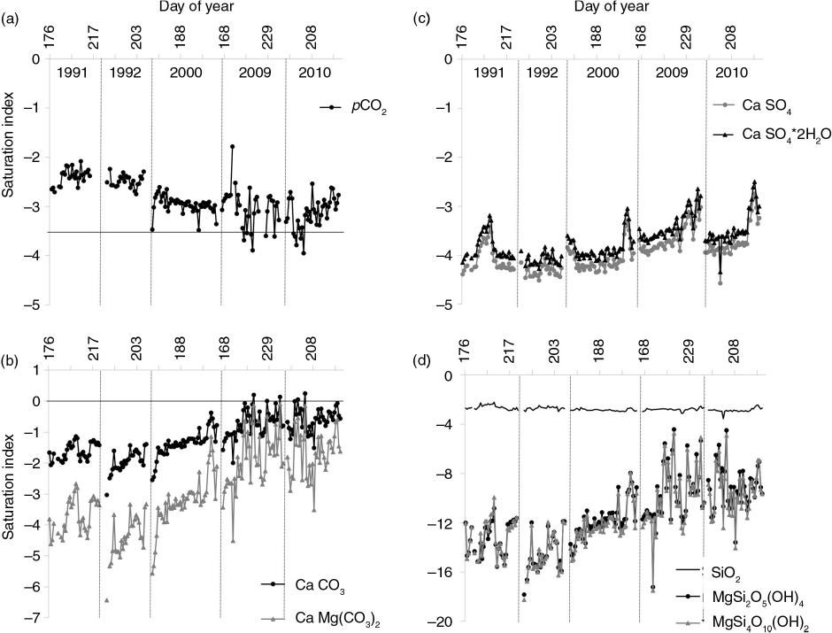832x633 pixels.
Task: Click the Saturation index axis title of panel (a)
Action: [12, 181]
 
